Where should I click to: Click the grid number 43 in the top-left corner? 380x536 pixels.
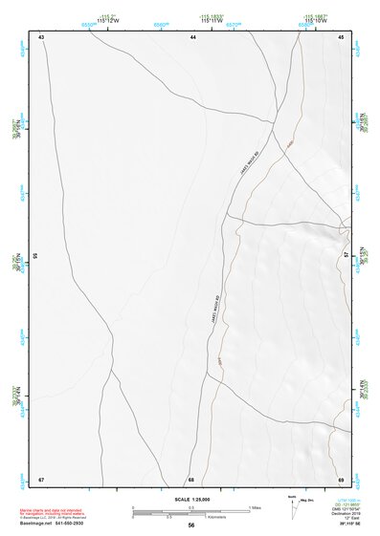point(41,36)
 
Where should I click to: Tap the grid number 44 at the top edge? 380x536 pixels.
point(192,36)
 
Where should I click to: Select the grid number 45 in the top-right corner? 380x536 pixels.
point(341,36)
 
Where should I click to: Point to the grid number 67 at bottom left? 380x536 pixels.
point(41,478)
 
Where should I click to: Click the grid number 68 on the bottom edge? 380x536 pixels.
point(191,478)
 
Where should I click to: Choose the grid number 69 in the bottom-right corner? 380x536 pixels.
point(341,478)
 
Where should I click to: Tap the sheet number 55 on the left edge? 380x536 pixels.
point(35,256)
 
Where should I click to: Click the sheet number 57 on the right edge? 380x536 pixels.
point(346,256)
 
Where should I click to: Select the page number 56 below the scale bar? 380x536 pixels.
point(191,525)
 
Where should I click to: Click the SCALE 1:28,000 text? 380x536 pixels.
point(190,499)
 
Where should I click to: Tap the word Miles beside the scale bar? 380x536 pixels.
point(255,506)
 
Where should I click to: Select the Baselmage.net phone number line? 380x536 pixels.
point(54,524)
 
